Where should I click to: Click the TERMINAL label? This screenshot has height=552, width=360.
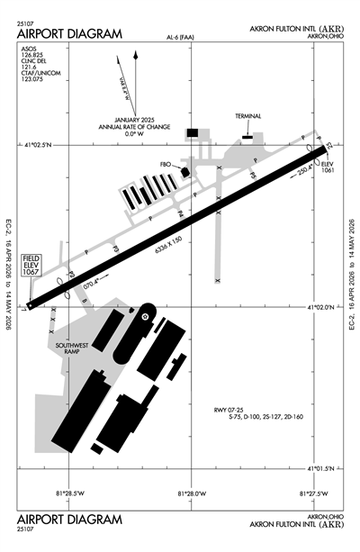click(x=247, y=116)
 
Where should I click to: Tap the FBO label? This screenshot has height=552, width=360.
click(x=165, y=165)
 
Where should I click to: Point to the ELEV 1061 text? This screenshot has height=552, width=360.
click(x=327, y=167)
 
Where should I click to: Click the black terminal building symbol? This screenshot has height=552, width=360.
click(x=247, y=137)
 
